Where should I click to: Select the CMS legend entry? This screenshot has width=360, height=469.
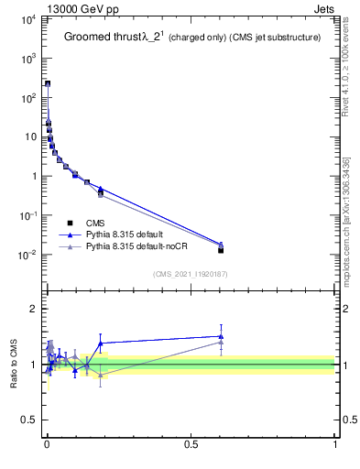(94, 223)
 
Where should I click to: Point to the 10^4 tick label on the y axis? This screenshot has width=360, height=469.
(26, 18)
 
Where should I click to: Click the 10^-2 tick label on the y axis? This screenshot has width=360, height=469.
(26, 255)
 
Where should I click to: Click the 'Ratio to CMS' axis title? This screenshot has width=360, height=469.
(12, 365)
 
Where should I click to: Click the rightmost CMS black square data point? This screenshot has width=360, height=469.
(221, 250)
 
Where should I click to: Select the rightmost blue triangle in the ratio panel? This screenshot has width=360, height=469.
(221, 336)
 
